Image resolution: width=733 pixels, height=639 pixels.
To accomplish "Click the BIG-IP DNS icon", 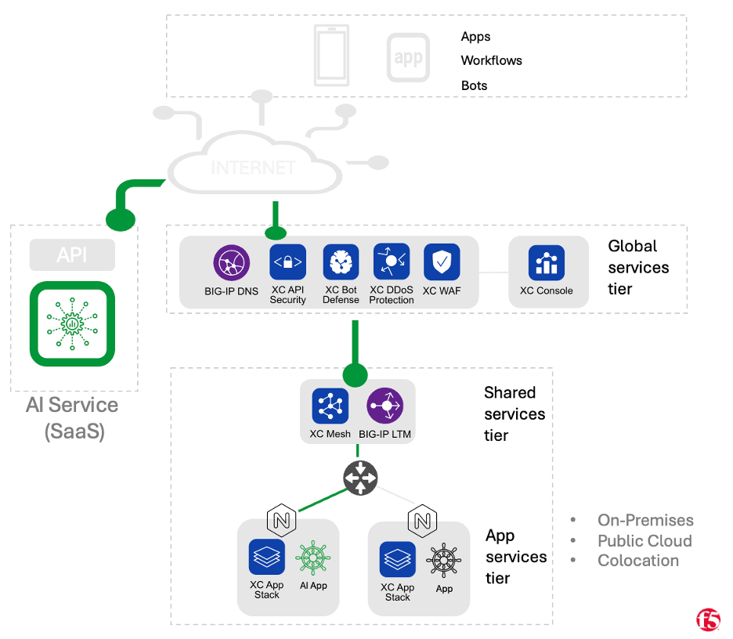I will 232,262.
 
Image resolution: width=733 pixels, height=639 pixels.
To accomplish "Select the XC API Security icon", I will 287,262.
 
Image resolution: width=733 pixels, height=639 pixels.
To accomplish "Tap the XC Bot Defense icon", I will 341,262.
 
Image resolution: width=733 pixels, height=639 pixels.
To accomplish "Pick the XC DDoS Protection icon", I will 392,262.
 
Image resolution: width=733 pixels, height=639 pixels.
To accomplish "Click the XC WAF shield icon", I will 442,262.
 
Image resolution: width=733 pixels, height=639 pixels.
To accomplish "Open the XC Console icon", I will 546,263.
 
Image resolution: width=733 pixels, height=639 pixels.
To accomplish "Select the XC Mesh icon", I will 330,406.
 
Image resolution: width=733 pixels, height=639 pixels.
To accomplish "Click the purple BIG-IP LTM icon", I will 385,406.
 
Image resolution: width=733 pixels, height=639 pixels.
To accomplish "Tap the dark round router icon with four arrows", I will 360,478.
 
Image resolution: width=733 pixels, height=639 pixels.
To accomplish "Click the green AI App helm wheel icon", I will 313,558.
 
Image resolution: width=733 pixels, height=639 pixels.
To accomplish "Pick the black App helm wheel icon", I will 444,561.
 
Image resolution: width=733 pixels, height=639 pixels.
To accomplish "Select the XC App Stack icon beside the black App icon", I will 398,559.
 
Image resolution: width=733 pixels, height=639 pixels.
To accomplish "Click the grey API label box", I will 72,255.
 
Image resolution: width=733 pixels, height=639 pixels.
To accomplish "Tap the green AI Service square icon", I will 72,323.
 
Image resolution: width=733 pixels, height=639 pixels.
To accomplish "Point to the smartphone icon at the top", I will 331,54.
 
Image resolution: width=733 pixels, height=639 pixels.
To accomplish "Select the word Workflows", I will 491,60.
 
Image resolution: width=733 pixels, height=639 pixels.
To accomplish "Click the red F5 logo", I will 708,619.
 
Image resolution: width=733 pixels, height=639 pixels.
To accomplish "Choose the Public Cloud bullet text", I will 644,540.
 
